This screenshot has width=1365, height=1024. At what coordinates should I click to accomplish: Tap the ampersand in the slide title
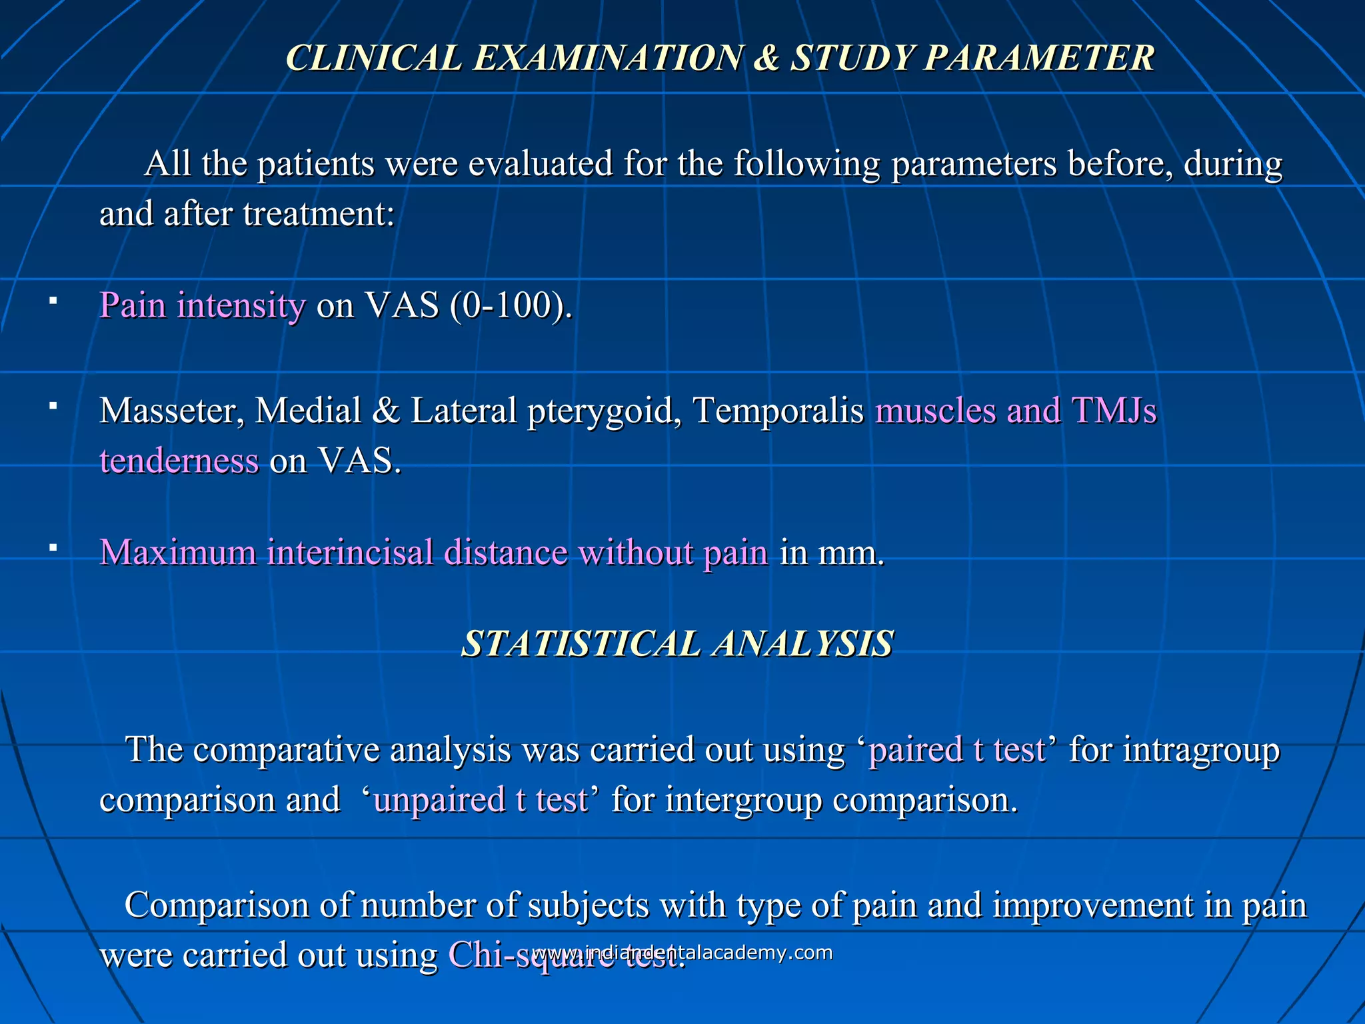[766, 58]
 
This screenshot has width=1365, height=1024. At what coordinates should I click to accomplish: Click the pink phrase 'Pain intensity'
[202, 306]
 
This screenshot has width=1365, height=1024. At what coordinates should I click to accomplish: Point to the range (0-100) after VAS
[511, 306]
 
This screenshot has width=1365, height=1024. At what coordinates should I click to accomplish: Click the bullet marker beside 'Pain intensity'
[53, 302]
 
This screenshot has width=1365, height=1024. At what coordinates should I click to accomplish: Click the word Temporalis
[778, 411]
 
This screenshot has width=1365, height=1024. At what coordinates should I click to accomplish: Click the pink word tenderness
[179, 461]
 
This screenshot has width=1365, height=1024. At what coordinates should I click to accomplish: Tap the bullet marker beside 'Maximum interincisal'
[53, 549]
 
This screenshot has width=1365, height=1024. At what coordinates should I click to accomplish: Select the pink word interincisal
[350, 553]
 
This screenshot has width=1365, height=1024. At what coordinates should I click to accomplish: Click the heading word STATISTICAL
[580, 644]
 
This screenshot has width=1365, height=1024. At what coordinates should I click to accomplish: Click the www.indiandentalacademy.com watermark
[683, 953]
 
